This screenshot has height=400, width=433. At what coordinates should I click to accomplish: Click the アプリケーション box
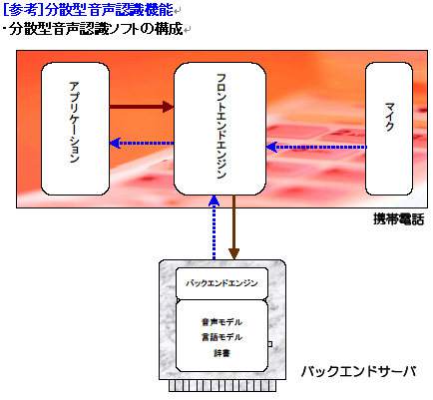coord(75,129)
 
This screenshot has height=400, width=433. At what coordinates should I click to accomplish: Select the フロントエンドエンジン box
coord(219,129)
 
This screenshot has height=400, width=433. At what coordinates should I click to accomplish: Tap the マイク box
coord(389,129)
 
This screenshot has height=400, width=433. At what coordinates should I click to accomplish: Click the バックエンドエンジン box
coord(221,283)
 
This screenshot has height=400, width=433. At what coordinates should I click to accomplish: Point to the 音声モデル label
coord(221,322)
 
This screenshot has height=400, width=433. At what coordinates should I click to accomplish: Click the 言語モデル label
coord(221,337)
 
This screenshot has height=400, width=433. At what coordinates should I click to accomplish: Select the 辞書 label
coord(221,353)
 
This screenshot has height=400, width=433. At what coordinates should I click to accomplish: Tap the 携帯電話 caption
coord(398,219)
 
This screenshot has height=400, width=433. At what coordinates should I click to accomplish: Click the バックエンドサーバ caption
coord(358,371)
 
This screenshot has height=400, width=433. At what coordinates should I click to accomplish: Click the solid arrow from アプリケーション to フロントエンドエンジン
coord(142,107)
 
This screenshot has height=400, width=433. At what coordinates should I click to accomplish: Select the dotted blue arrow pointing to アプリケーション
coord(142,143)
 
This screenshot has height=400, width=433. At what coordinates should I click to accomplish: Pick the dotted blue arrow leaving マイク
coord(316,147)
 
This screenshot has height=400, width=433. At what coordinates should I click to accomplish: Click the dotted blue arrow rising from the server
coord(214,227)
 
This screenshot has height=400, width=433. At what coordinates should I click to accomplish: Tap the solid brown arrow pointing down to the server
coord(234,226)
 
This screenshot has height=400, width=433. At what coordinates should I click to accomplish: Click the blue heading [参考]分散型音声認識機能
coord(88,10)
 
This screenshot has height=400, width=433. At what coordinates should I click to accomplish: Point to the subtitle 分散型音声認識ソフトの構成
coord(96,29)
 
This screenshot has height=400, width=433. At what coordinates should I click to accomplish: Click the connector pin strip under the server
coord(222,386)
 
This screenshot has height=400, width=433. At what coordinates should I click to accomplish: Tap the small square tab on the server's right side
coord(269,344)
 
